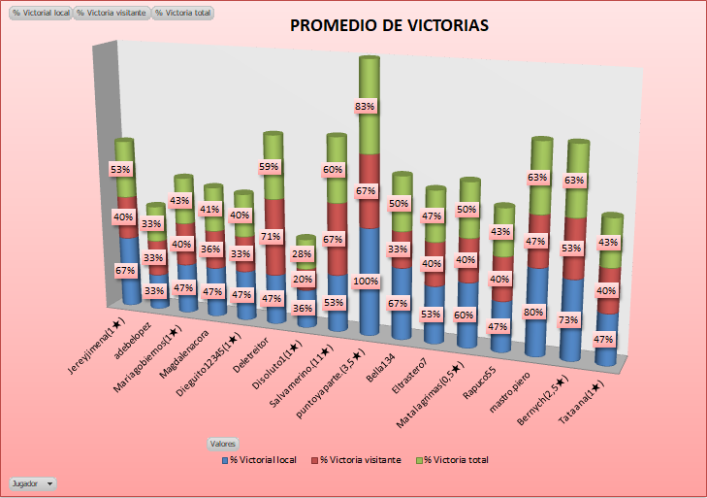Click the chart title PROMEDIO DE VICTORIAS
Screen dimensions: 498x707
click(x=390, y=25)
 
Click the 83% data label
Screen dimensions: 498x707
click(x=366, y=106)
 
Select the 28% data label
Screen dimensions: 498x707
click(x=302, y=254)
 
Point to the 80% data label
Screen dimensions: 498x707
click(x=532, y=313)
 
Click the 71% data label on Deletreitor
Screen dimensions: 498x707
click(x=272, y=236)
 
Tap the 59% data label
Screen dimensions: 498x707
click(x=270, y=167)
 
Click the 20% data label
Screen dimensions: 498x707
click(x=302, y=281)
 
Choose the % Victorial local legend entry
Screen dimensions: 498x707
click(x=262, y=459)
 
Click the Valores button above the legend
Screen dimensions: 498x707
click(x=223, y=443)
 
